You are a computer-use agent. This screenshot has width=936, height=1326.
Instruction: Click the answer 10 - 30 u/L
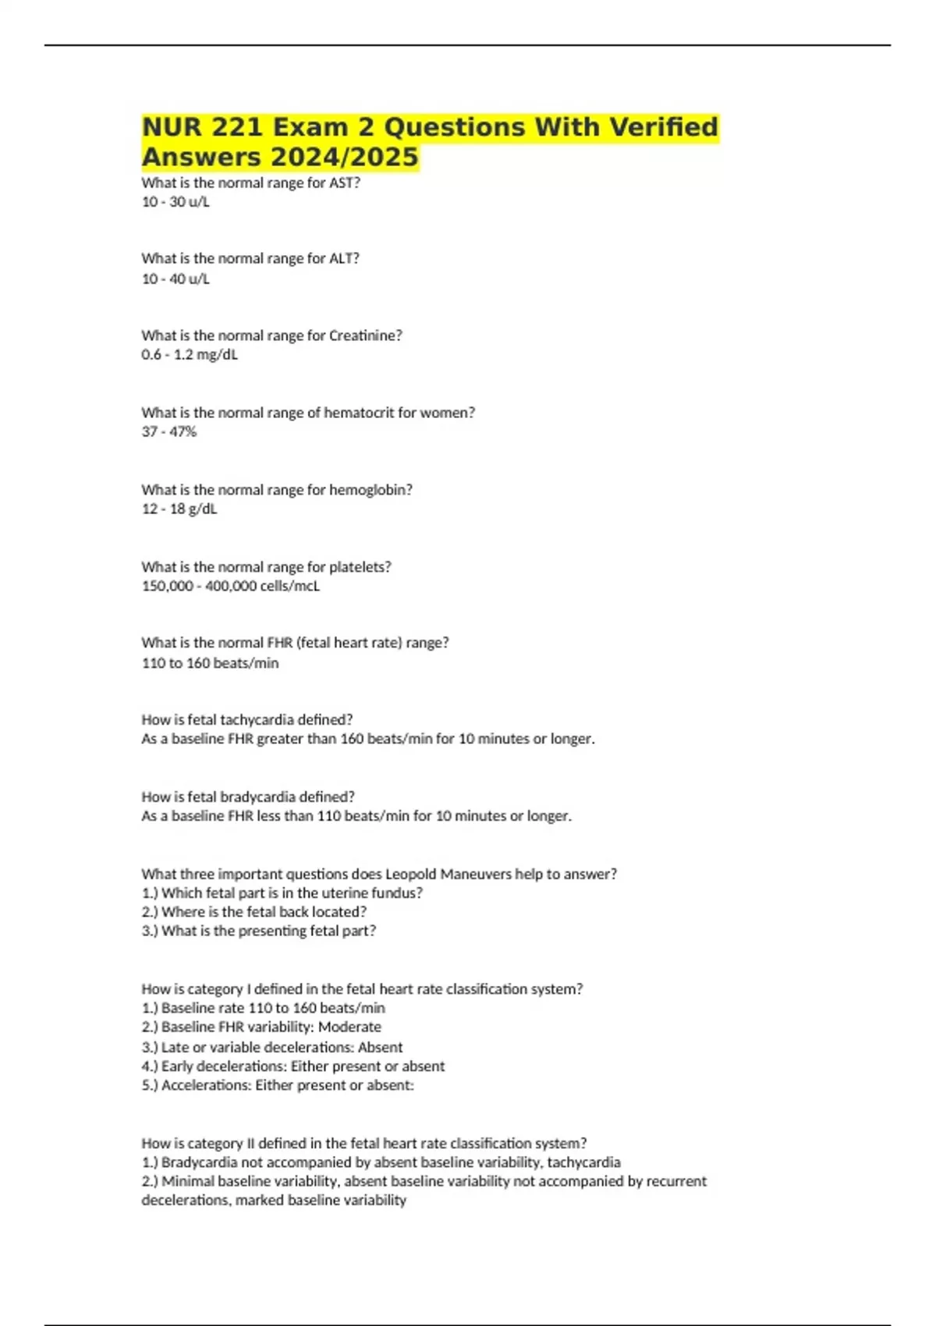pyautogui.click(x=175, y=202)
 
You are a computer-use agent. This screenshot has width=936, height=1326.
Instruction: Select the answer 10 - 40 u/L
pyautogui.click(x=175, y=278)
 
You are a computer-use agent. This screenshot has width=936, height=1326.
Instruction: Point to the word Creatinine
pyautogui.click(x=365, y=335)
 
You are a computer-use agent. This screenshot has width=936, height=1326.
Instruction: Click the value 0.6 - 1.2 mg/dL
pyautogui.click(x=190, y=355)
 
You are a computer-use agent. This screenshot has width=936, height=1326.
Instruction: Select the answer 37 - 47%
pyautogui.click(x=169, y=431)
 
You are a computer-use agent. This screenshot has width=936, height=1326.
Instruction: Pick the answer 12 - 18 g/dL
pyautogui.click(x=179, y=509)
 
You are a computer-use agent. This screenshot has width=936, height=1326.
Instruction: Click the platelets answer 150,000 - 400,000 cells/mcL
pyautogui.click(x=231, y=586)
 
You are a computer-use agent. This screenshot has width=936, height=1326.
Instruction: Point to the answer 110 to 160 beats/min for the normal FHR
pyautogui.click(x=210, y=663)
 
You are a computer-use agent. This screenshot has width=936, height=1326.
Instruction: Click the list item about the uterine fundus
pyautogui.click(x=282, y=893)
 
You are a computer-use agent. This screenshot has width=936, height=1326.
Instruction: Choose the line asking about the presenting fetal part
pyautogui.click(x=259, y=931)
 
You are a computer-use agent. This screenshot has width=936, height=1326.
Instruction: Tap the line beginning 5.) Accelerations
pyautogui.click(x=278, y=1085)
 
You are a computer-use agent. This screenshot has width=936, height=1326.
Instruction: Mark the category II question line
pyautogui.click(x=364, y=1143)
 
